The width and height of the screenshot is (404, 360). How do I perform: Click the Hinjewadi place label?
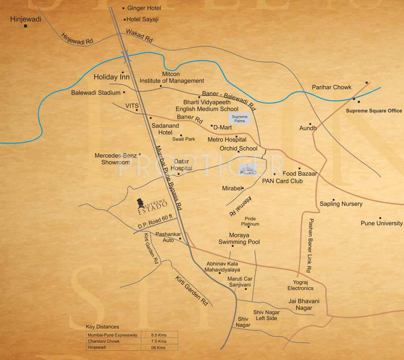coord(26,19)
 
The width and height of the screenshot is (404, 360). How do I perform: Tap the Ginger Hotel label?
coord(144,8)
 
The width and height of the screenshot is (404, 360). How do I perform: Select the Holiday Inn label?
coord(112,76)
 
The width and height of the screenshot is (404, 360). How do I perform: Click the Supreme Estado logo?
coord(152,205)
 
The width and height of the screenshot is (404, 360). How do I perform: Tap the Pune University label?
coord(381,223)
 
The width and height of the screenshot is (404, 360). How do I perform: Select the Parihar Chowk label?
coord(332,87)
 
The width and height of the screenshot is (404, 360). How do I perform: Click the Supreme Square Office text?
coord(374,111)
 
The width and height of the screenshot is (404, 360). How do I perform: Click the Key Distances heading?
coord(102,327)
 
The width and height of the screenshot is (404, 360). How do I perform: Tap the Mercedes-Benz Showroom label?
coord(115,158)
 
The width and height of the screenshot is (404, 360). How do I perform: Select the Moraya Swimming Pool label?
coord(238,238)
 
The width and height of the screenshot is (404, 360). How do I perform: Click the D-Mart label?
coord(223,127)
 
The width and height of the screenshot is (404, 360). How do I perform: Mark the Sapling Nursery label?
coord(341,204)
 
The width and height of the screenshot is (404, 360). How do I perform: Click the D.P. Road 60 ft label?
coord(156,222)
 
